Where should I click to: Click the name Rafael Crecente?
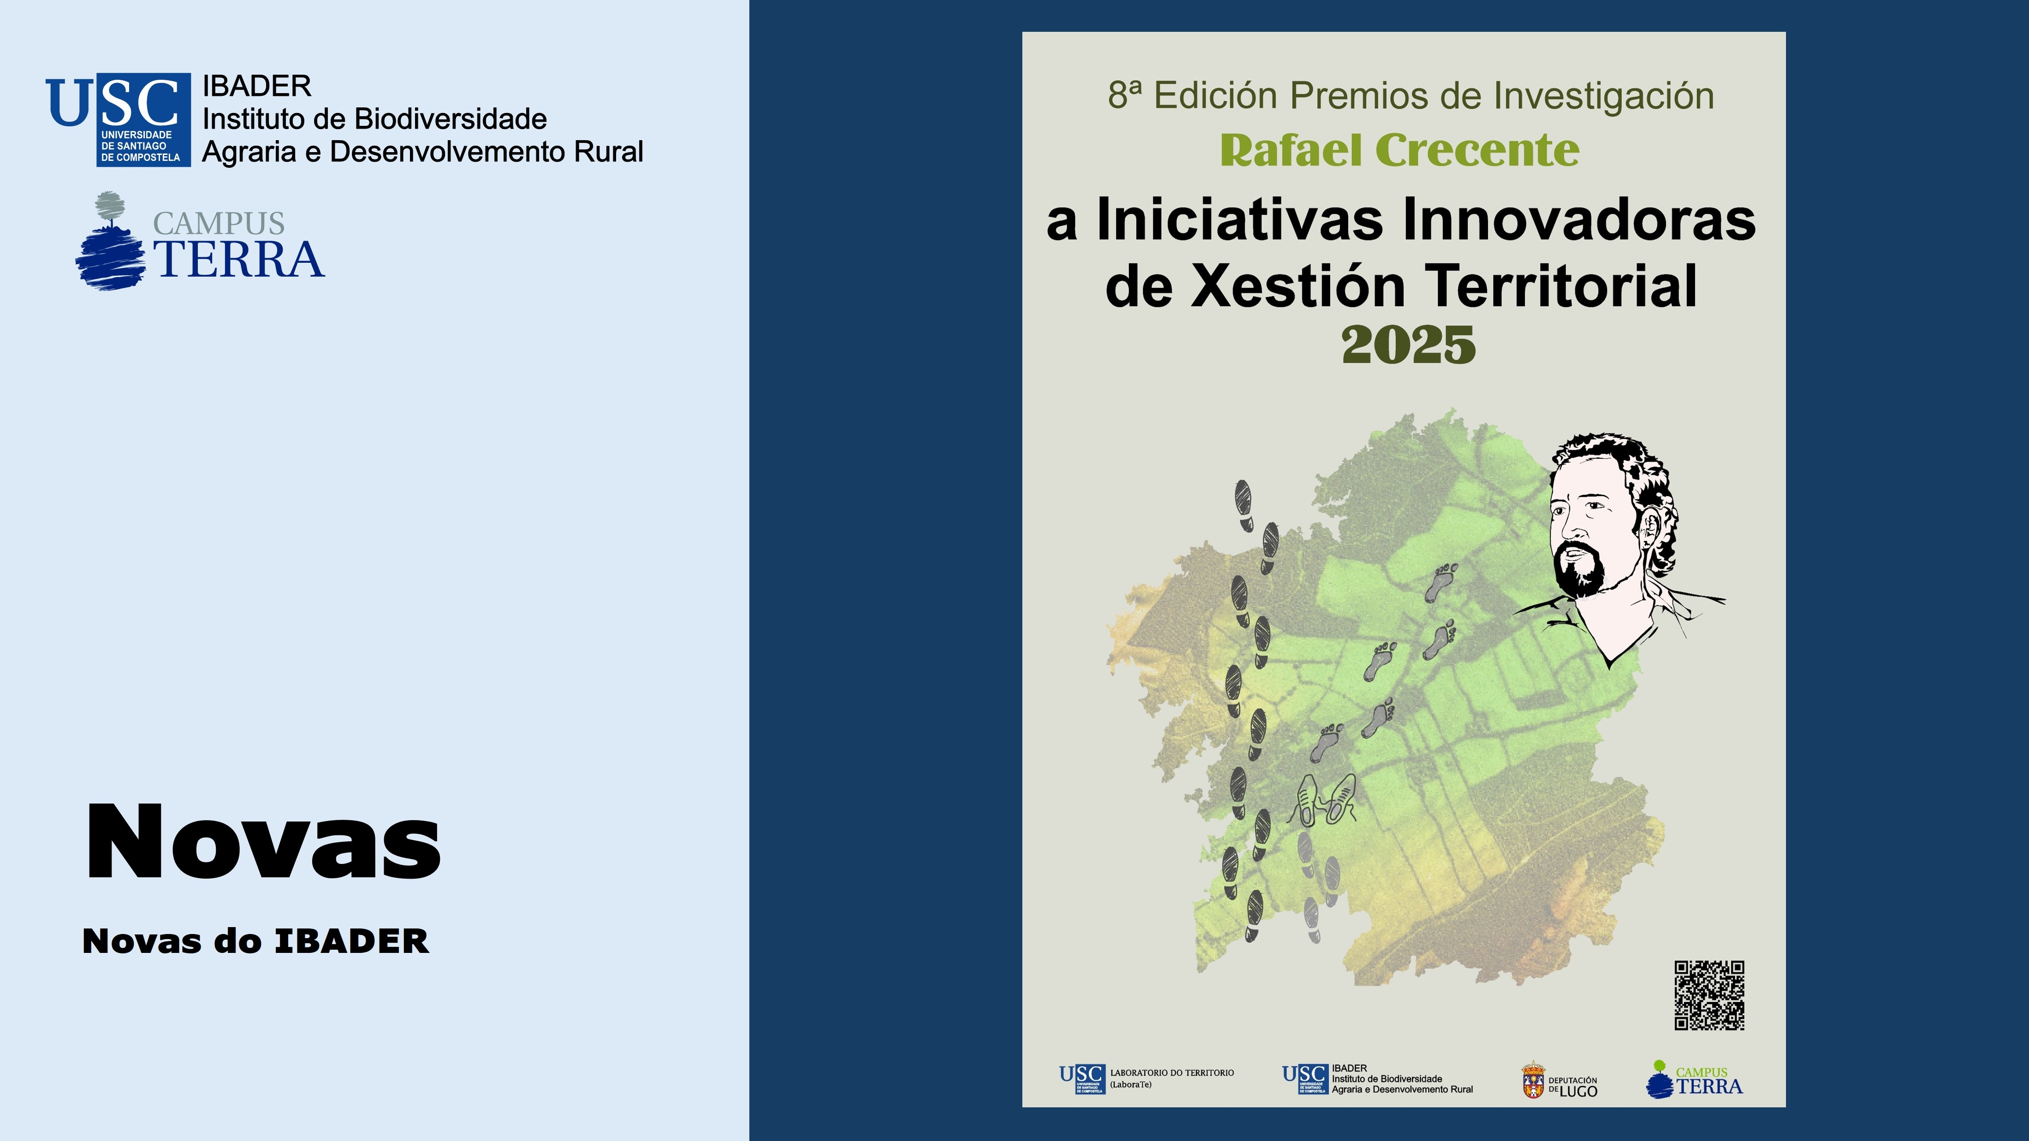coord(1400,150)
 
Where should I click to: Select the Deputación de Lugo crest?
coord(1533,1080)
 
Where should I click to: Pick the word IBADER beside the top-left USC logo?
coord(257,86)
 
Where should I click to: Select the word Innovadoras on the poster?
coord(1579,220)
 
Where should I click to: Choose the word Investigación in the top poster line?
coord(1604,96)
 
